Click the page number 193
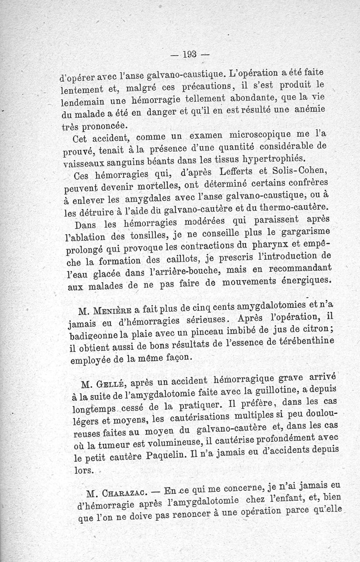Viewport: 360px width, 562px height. (x=189, y=55)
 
